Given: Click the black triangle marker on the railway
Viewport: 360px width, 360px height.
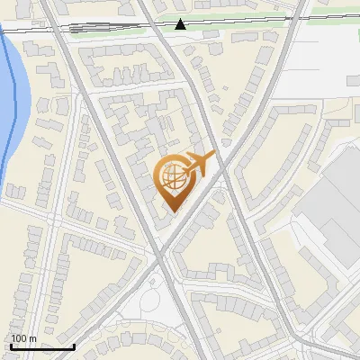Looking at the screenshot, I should click(x=181, y=23).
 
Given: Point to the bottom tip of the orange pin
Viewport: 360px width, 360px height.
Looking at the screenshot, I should click(x=172, y=213).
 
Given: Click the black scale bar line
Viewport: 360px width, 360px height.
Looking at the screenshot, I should click(x=41, y=346).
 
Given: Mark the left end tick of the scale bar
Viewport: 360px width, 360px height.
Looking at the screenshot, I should click(x=10, y=345).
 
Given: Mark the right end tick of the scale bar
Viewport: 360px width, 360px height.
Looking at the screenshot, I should click(x=74, y=345).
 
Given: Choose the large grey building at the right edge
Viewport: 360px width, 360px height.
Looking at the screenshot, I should click(x=333, y=207).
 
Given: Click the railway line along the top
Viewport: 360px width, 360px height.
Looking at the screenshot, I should click(x=108, y=27).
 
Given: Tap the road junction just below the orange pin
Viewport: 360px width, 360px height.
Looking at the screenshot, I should click(x=163, y=252).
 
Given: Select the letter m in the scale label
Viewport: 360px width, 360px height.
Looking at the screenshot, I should click(x=31, y=338).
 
